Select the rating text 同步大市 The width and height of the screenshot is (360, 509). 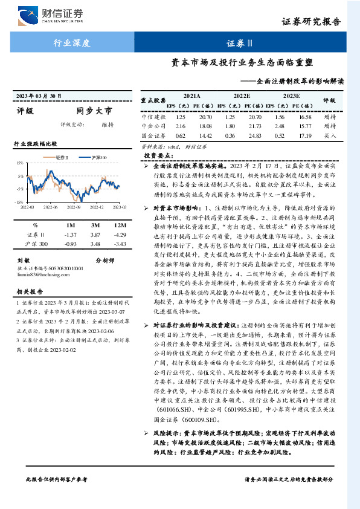point(94,111)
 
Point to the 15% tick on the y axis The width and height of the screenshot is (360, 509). point(20,163)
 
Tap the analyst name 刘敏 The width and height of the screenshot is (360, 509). point(22,261)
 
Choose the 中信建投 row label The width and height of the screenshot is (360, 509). point(153,116)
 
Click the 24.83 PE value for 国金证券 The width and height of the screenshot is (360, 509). point(256,137)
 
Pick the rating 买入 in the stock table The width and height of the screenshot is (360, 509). point(330,137)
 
